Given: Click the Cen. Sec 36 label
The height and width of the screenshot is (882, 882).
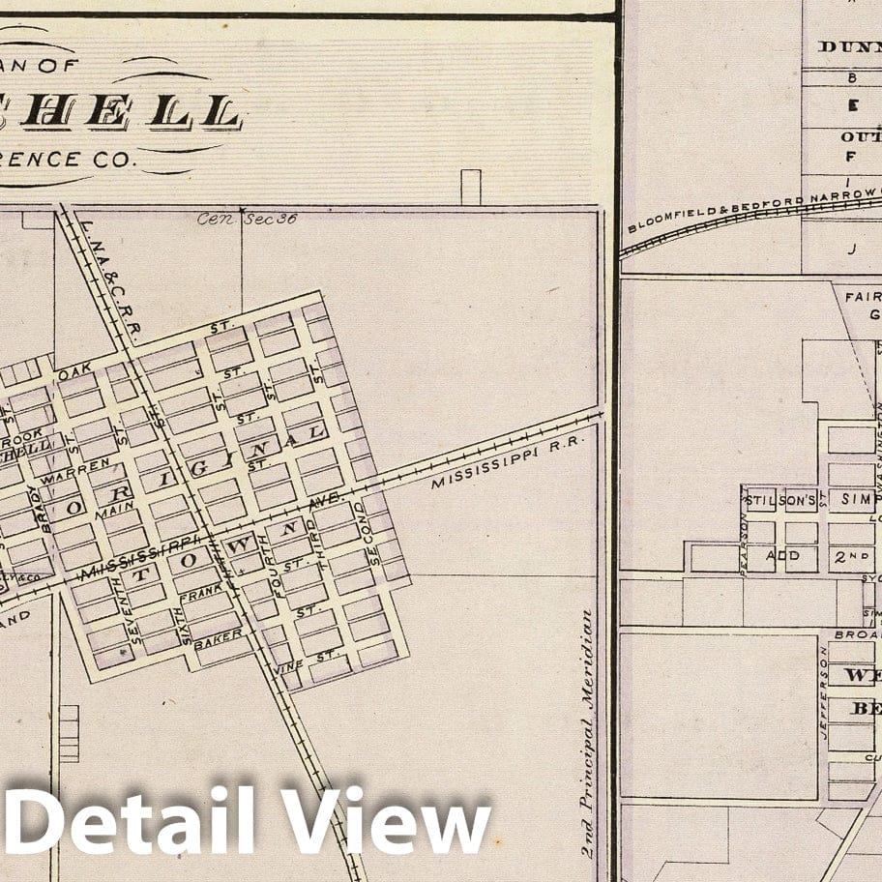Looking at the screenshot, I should [247, 219].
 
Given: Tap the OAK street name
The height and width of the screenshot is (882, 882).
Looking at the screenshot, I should [73, 372].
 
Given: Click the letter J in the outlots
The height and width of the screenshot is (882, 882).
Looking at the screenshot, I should [852, 249].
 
